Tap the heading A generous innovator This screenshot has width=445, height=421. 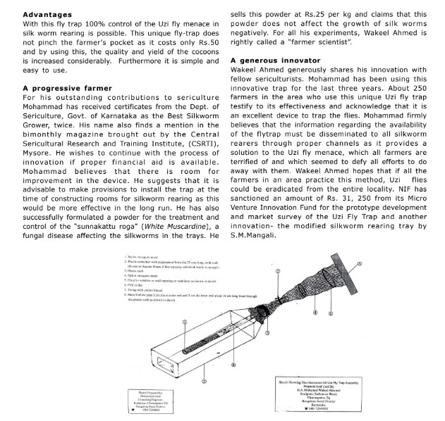point(271,61)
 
